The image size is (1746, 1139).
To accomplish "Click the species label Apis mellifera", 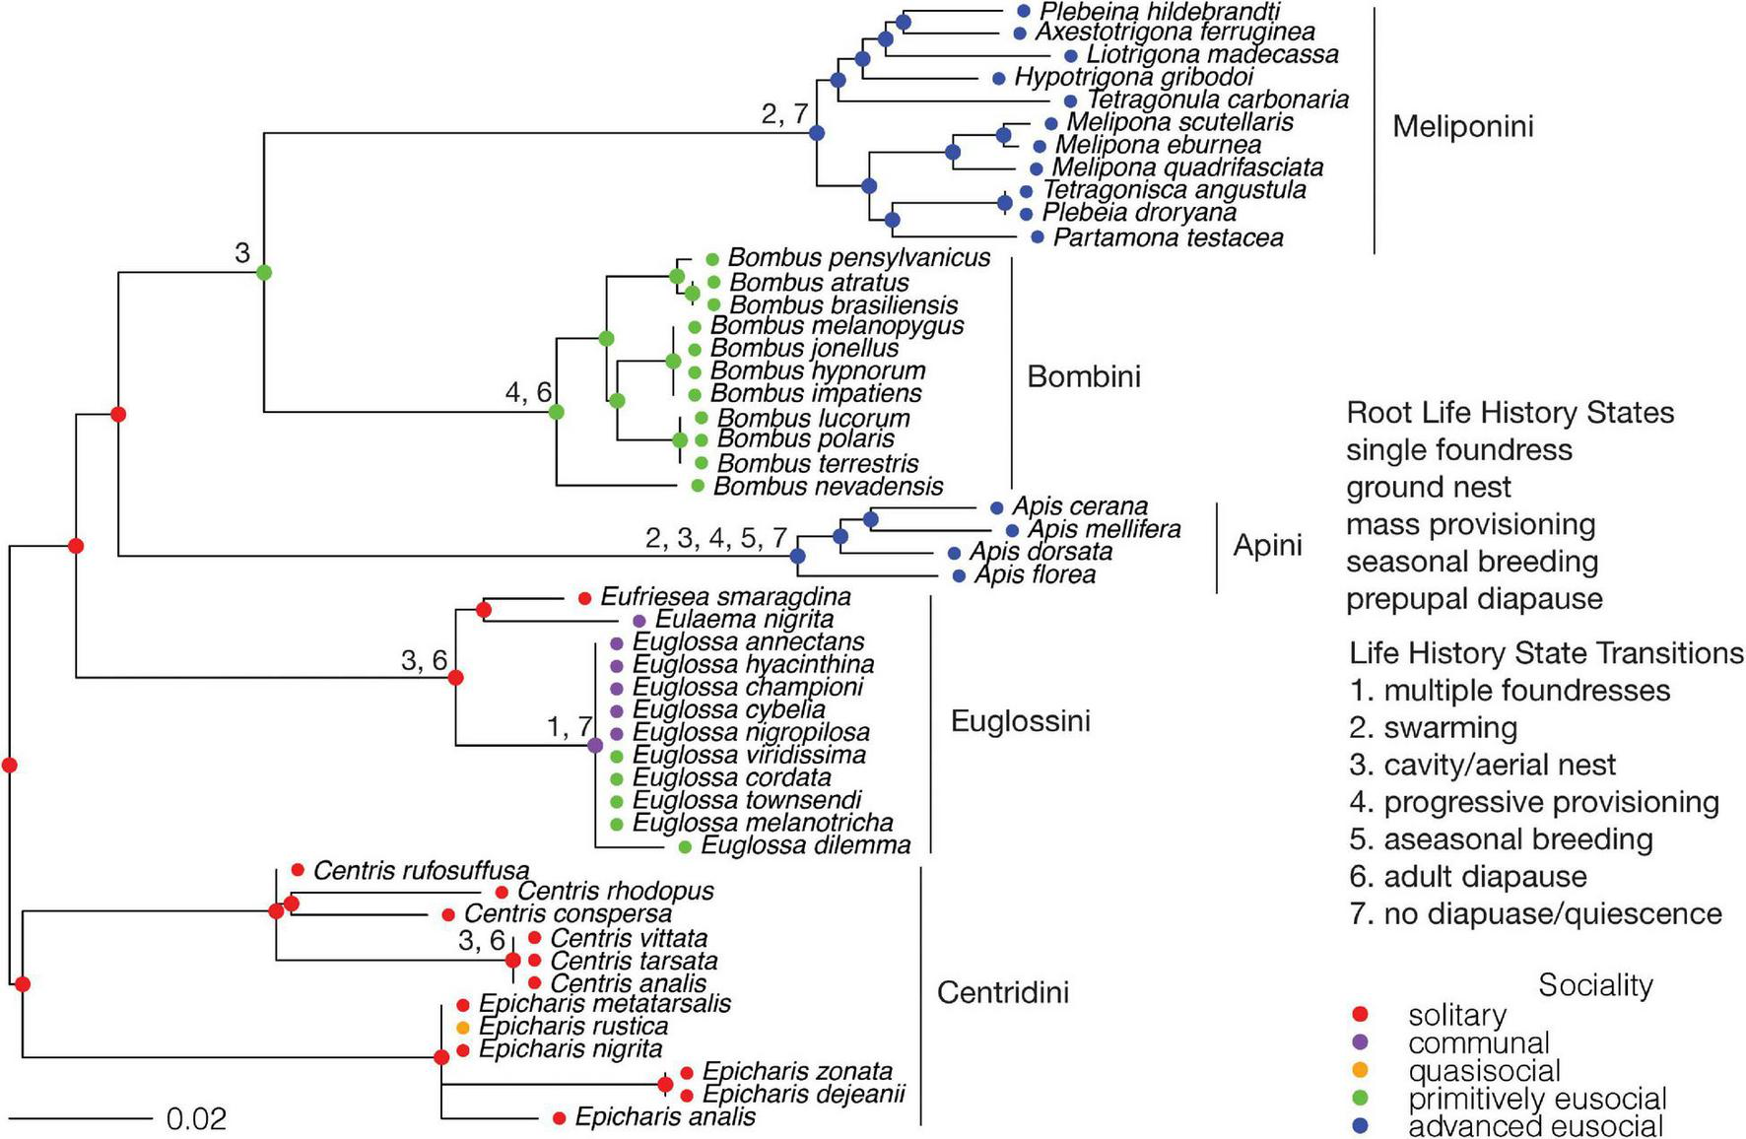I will coord(1104,530).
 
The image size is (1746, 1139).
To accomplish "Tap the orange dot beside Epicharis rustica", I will coord(463,1028).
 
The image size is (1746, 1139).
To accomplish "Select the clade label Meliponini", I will coord(1462,126).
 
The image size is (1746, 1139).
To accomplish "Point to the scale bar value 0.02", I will coord(196,1119).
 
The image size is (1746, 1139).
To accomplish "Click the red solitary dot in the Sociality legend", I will coord(1362,1015).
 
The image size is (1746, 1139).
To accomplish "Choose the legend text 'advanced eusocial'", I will coord(1535,1126).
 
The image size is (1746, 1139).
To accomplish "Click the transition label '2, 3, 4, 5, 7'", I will coord(716,538).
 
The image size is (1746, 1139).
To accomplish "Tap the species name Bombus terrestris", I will coord(818,463).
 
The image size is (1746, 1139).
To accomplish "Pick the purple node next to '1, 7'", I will coord(595,746).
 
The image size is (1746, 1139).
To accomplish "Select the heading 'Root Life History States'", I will coord(1510,412).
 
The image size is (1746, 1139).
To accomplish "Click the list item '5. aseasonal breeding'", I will coord(1501,839).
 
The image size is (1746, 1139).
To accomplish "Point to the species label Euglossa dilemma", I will coord(805,845).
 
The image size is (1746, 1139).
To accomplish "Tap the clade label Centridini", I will coord(1002,992).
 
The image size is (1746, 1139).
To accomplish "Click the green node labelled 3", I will coord(264,272).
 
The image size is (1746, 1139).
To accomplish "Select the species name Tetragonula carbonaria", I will coord(1217,100).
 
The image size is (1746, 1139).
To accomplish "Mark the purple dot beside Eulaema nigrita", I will coord(638,621).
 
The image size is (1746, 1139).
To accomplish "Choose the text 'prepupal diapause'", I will coord(1474,599).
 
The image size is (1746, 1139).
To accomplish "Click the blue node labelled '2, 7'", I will coord(817,133).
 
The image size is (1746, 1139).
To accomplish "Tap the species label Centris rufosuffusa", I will coord(421,871).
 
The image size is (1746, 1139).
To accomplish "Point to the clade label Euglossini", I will coord(1020,721).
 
